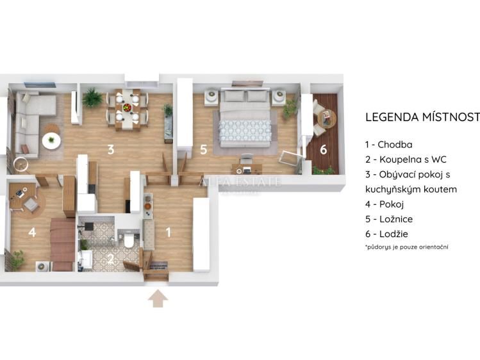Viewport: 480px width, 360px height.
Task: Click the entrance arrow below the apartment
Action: click(158, 299)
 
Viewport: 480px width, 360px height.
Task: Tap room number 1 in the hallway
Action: click(169, 233)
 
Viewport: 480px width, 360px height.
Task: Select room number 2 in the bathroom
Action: click(110, 259)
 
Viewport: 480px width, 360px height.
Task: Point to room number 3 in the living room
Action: click(111, 150)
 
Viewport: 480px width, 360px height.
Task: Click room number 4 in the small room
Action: click(32, 232)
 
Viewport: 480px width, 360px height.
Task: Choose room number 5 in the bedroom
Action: click(203, 150)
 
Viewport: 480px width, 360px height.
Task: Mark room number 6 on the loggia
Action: click(324, 149)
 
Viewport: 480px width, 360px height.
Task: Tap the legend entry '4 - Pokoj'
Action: click(387, 204)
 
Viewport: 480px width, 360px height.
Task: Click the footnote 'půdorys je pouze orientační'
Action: click(407, 247)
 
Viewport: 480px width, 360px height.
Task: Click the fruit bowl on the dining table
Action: click(127, 108)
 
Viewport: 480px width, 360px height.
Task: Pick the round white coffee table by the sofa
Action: click(51, 138)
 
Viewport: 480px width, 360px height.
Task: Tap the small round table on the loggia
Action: click(327, 118)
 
